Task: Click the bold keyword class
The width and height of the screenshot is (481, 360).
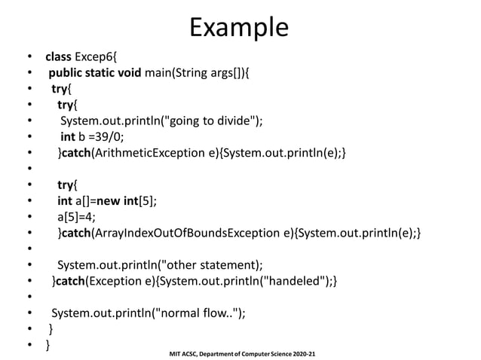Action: [x=58, y=56]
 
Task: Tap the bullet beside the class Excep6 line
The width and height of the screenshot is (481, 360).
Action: [x=29, y=56]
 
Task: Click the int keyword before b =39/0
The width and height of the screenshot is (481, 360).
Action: [x=68, y=136]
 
